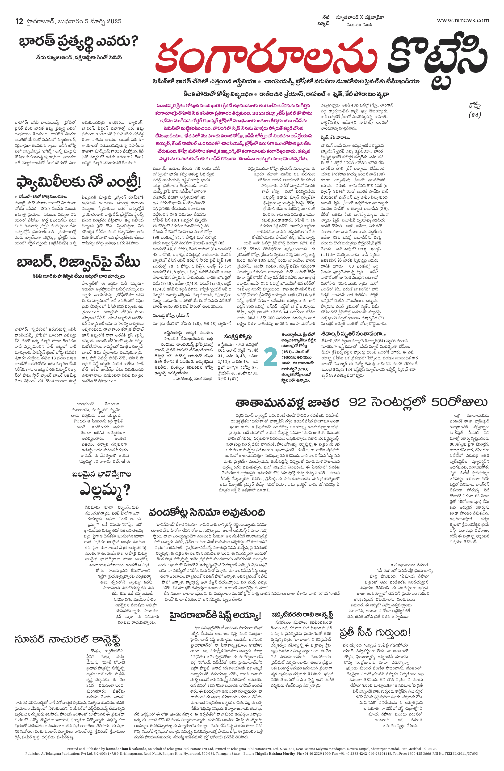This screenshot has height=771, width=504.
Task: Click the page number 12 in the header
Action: (x=19, y=21)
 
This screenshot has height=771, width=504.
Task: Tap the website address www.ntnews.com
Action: (x=463, y=20)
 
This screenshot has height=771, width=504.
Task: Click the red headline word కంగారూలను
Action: (x=266, y=55)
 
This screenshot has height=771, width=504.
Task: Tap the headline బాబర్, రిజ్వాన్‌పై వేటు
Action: (x=78, y=262)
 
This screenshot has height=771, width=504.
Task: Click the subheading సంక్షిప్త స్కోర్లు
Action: (x=238, y=336)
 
